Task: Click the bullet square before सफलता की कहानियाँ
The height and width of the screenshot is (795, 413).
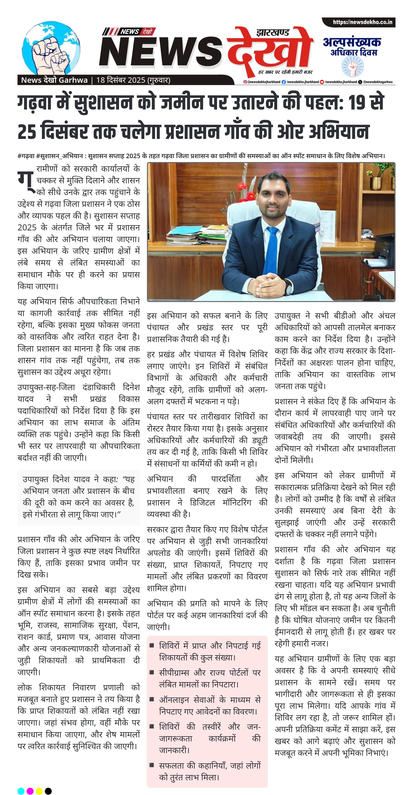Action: click(x=152, y=765)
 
